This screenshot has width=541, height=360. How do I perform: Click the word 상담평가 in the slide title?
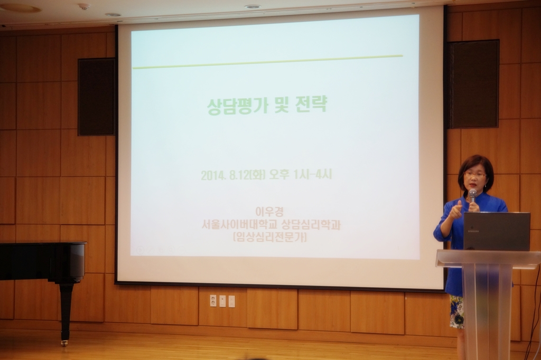(x=237, y=106)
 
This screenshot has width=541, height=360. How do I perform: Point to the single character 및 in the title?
(x=282, y=105)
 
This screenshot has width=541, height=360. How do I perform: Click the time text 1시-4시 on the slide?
(x=313, y=174)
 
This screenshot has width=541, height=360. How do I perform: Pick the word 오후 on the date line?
(x=279, y=175)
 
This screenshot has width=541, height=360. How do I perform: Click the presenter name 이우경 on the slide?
(x=269, y=211)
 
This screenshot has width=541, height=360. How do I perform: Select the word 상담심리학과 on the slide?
(x=311, y=225)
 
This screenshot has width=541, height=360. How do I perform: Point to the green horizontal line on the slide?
(x=268, y=62)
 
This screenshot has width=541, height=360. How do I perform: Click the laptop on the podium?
(x=497, y=231)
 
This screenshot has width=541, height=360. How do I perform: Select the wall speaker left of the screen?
(x=96, y=97)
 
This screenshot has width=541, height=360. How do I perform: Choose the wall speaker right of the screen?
(x=474, y=84)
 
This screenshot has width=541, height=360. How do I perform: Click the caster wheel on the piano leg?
(x=64, y=343)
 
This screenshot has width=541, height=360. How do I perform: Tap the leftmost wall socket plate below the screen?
(x=213, y=301)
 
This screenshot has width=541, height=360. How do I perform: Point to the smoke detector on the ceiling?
(x=84, y=6)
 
